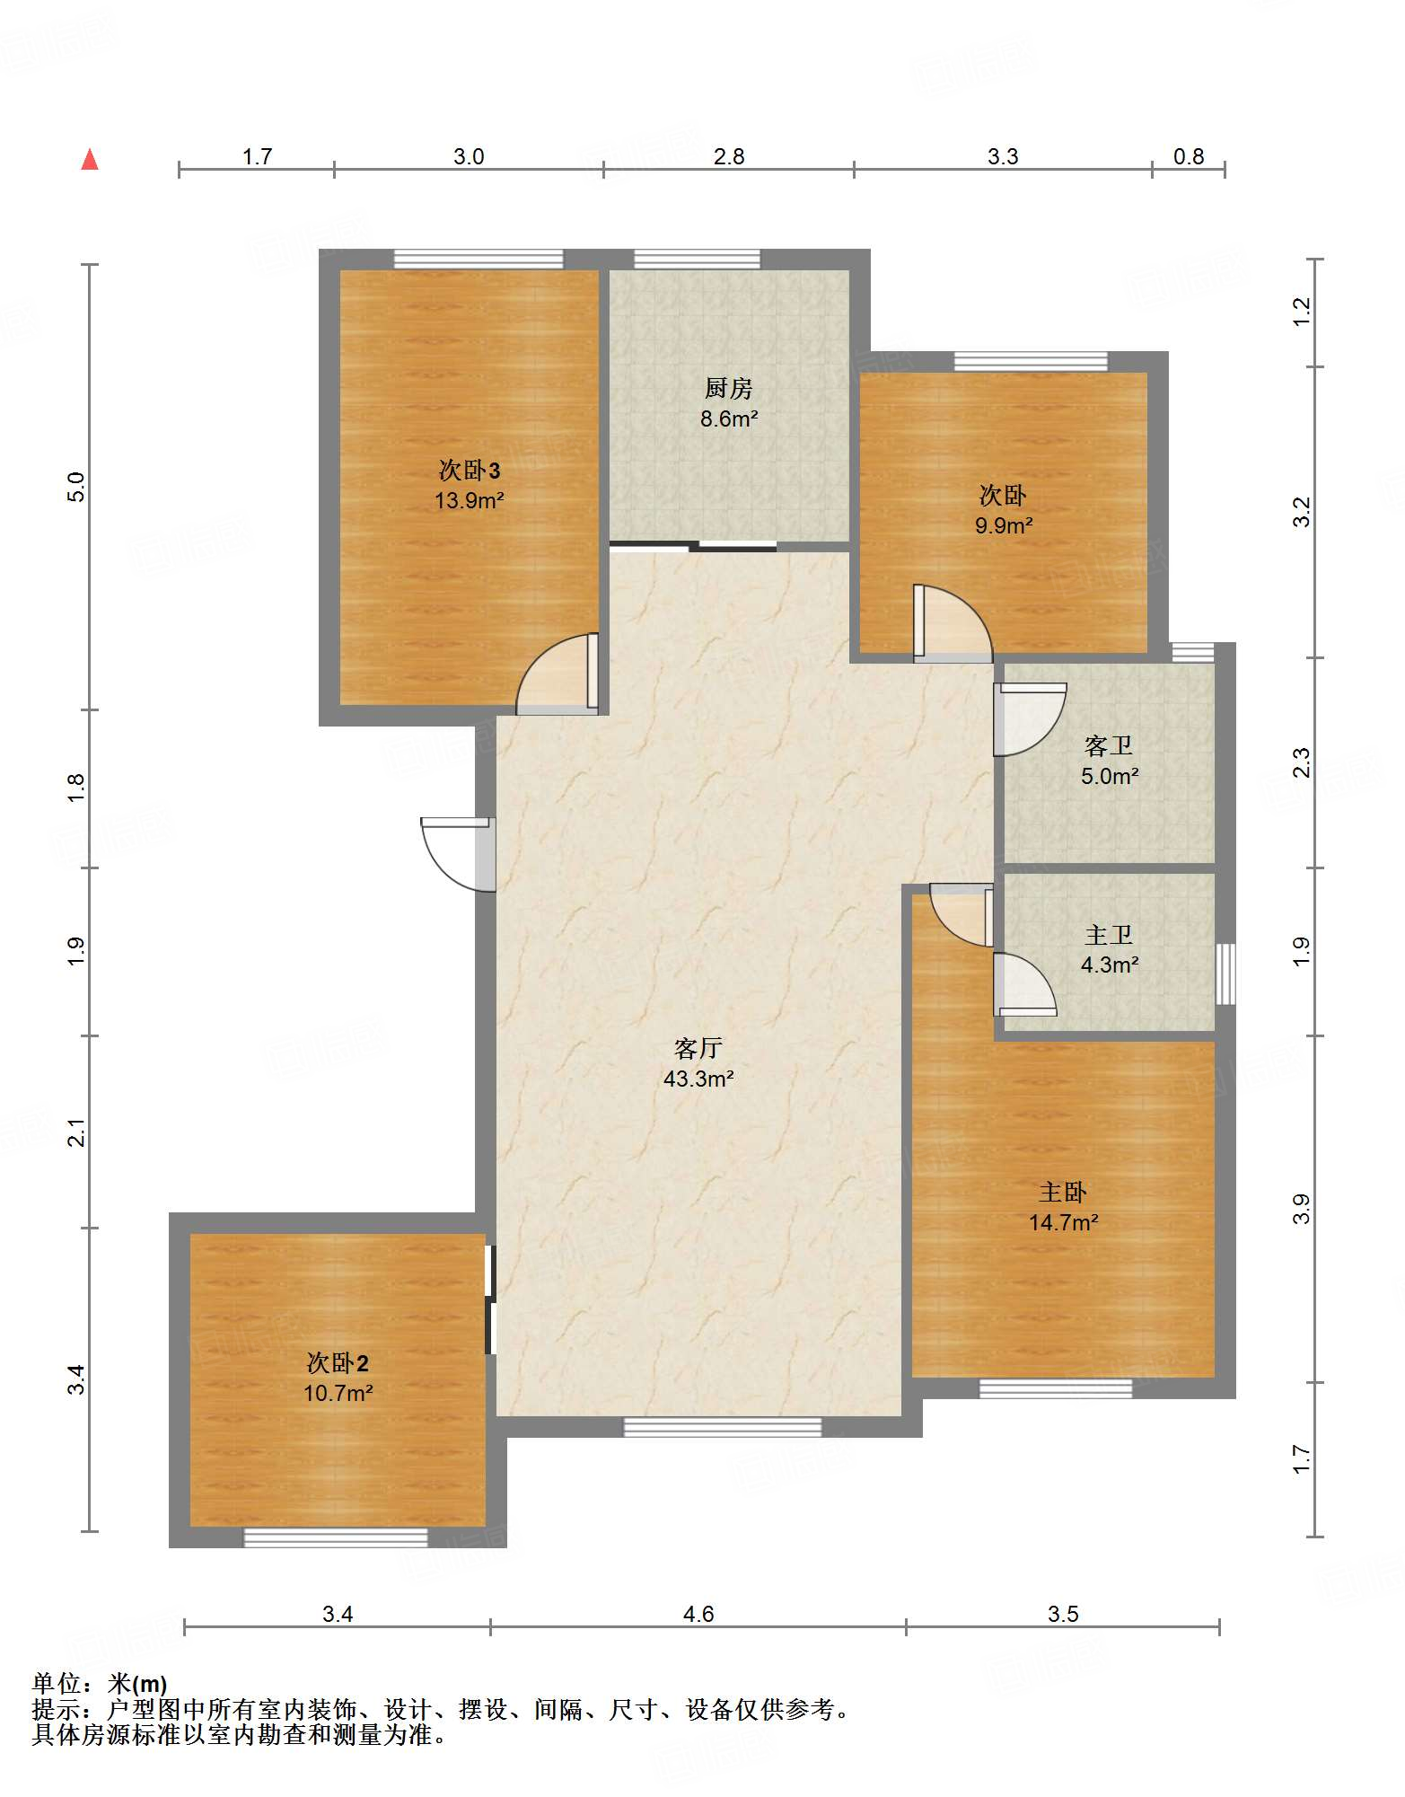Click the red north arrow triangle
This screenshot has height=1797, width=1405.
[x=90, y=160]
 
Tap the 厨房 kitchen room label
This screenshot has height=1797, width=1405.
[x=728, y=388]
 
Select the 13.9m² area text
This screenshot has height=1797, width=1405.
[x=469, y=500]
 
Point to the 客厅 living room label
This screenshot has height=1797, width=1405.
[x=698, y=1048]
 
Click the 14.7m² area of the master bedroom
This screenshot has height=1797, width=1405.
[x=1063, y=1222]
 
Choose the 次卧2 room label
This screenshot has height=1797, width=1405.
[x=338, y=1363]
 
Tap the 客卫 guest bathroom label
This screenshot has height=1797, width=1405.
[x=1109, y=745]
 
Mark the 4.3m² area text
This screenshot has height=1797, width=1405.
[x=1110, y=965]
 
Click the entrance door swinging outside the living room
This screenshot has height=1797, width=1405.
[x=458, y=854]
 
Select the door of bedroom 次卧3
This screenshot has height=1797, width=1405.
[x=558, y=674]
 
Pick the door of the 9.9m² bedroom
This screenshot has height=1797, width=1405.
[x=953, y=623]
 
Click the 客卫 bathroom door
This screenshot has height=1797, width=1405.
[x=1029, y=719]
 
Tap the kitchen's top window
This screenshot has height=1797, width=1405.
[x=697, y=259]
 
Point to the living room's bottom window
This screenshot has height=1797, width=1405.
[x=722, y=1427]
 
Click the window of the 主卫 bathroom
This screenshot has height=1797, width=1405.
[x=1225, y=973]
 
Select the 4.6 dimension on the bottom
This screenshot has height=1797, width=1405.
[x=698, y=1614]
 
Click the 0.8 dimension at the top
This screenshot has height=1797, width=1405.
[x=1188, y=156]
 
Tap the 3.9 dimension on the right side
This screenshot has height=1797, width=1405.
[x=1302, y=1209]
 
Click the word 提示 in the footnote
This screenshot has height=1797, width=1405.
[x=56, y=1709]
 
